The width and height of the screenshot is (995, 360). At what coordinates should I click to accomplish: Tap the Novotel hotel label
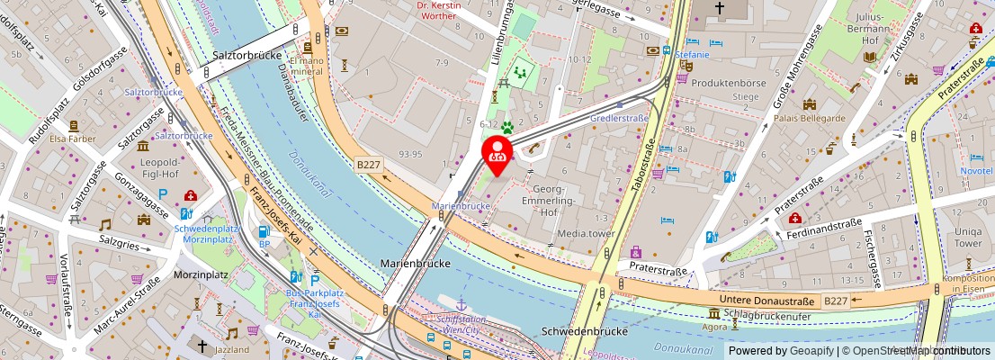[x=975, y=170]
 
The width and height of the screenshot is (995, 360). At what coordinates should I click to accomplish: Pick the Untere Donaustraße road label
[x=767, y=301]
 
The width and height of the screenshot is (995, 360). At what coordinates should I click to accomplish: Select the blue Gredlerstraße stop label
[x=619, y=118]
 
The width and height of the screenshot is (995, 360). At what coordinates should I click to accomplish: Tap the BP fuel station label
[x=264, y=244]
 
